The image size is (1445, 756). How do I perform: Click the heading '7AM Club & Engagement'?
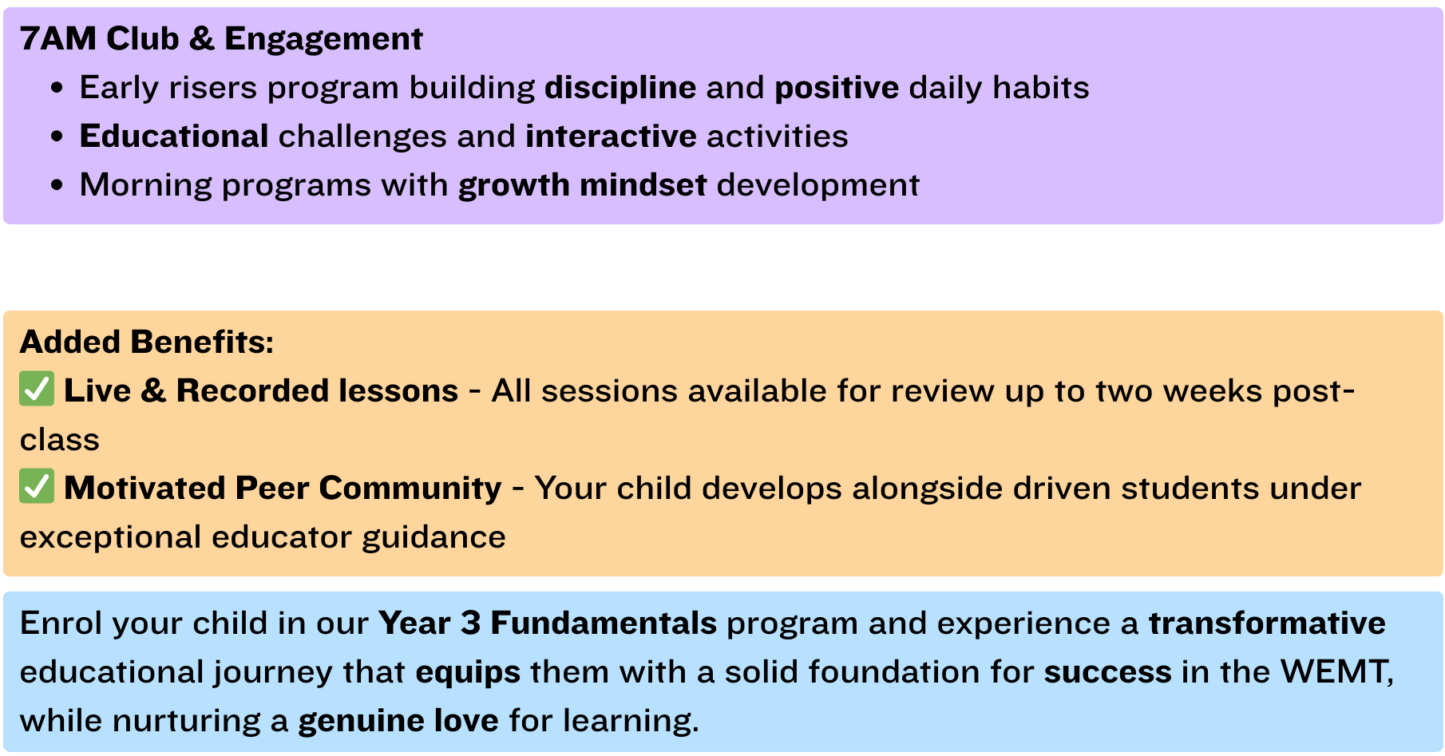pyautogui.click(x=221, y=38)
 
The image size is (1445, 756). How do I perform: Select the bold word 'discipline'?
pyautogui.click(x=620, y=88)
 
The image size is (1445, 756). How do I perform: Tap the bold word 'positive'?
pyautogui.click(x=837, y=88)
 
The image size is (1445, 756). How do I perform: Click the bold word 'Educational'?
pyautogui.click(x=174, y=136)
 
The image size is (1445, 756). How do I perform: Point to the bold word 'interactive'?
pyautogui.click(x=612, y=136)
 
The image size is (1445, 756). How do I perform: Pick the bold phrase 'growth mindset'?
pyautogui.click(x=583, y=185)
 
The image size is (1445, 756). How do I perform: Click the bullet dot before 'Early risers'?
pyautogui.click(x=57, y=88)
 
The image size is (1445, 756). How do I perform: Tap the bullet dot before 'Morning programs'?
pyautogui.click(x=57, y=185)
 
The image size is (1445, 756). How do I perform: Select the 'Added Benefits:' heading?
pyautogui.click(x=147, y=342)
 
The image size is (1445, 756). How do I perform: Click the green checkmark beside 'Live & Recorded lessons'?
pyautogui.click(x=37, y=389)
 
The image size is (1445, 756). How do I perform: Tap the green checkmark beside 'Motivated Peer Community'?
pyautogui.click(x=37, y=486)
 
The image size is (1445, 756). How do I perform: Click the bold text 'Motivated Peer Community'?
pyautogui.click(x=283, y=488)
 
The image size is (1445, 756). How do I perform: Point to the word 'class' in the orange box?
pyautogui.click(x=60, y=440)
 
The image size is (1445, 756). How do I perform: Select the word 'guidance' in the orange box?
pyautogui.click(x=433, y=537)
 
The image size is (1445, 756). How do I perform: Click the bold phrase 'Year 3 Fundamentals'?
pyautogui.click(x=548, y=623)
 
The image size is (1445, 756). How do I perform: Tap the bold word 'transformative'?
pyautogui.click(x=1267, y=623)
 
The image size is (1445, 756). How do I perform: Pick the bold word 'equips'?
pyautogui.click(x=468, y=672)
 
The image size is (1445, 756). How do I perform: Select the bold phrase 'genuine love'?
pyautogui.click(x=398, y=721)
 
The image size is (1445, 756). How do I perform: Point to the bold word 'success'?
pyautogui.click(x=1108, y=672)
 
